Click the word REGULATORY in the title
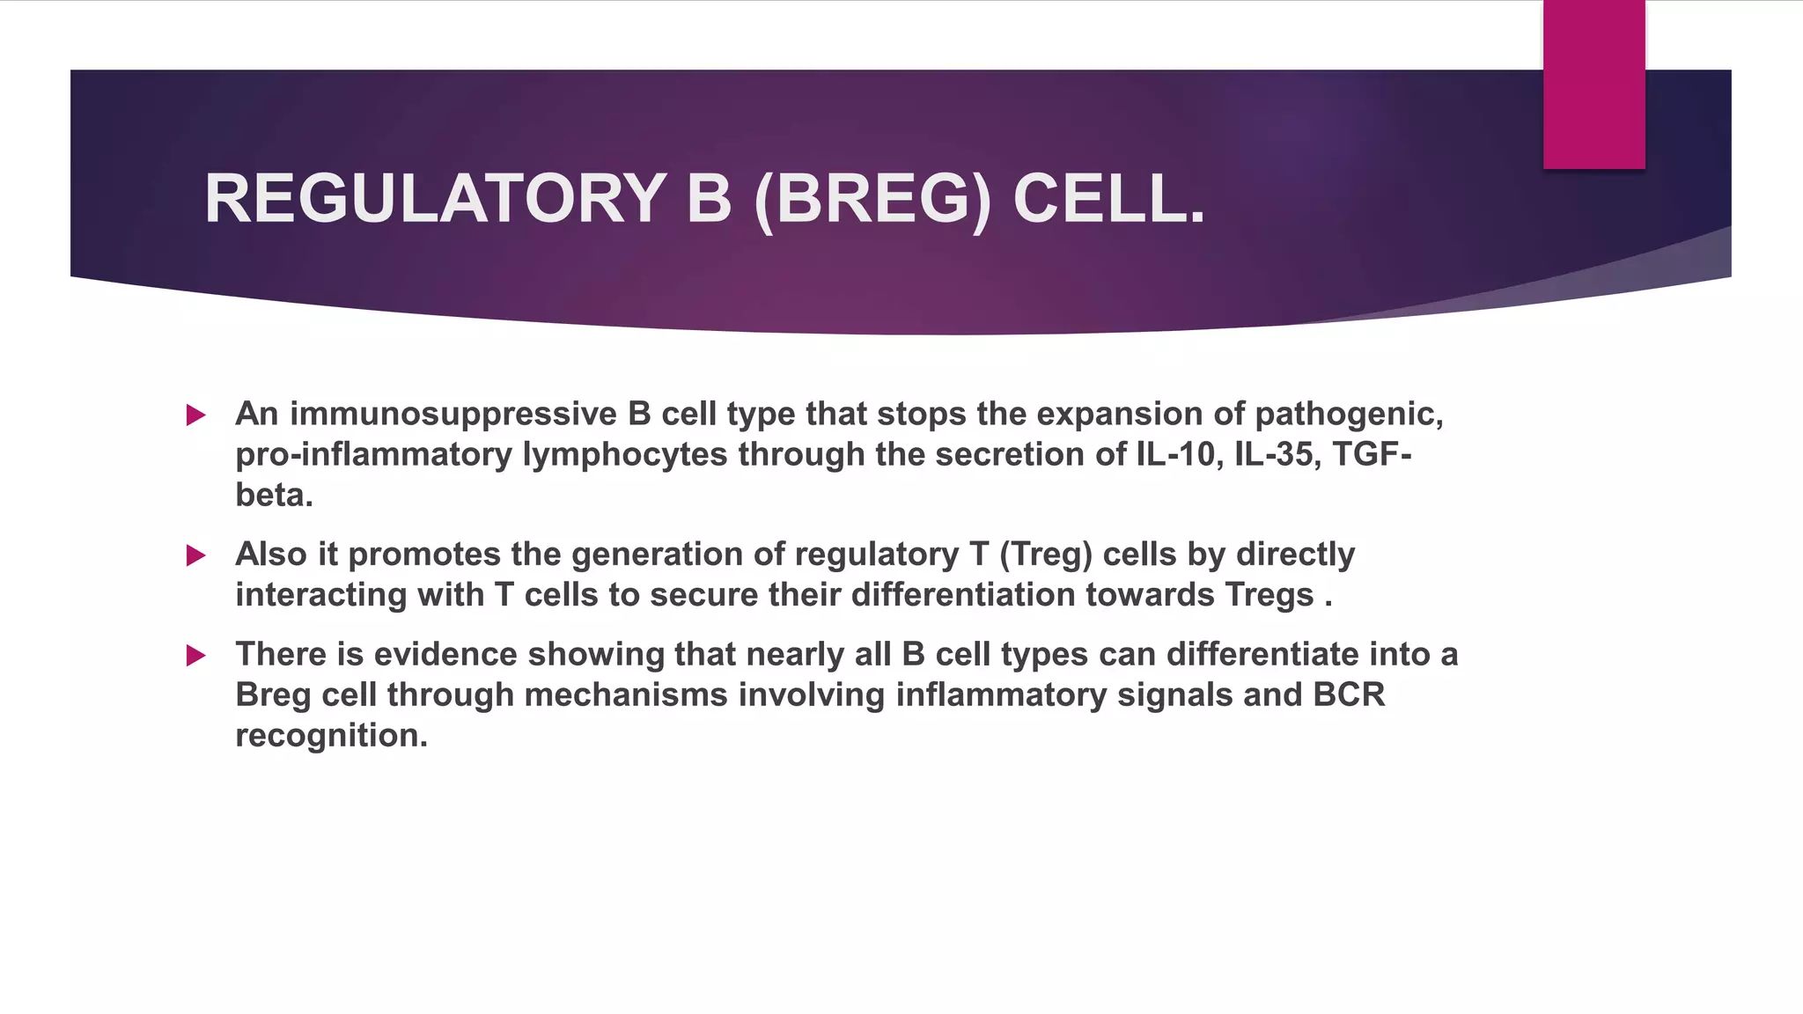point(434,199)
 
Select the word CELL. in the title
point(1108,199)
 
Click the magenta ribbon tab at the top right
point(1593,84)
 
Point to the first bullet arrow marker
point(196,415)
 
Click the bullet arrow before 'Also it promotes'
point(196,555)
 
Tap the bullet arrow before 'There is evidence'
point(196,656)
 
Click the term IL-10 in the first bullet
point(1174,454)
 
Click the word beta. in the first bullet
point(274,495)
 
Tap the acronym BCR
point(1349,694)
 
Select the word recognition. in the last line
point(331,735)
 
